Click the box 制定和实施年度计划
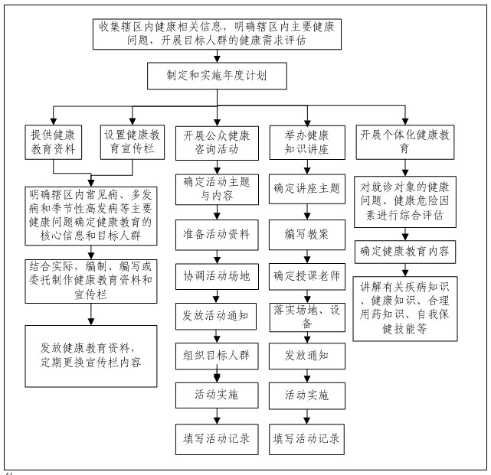(217, 76)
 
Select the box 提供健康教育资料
(53, 142)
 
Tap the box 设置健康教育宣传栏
(133, 142)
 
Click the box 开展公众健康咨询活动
(217, 143)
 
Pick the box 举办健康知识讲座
(307, 142)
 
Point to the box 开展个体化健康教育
(405, 142)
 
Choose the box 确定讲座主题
(307, 189)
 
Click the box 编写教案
(307, 235)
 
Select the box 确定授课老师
(307, 276)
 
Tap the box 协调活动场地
(217, 276)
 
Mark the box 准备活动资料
(217, 235)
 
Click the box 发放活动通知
(216, 316)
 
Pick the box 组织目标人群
(217, 356)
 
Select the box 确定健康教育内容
(405, 252)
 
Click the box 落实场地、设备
(307, 317)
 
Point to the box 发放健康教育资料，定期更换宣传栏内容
(91, 356)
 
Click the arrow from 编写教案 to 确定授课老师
(307, 256)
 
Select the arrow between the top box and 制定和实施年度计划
(217, 56)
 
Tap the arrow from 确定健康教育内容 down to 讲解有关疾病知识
(405, 270)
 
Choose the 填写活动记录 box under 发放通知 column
(306, 439)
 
